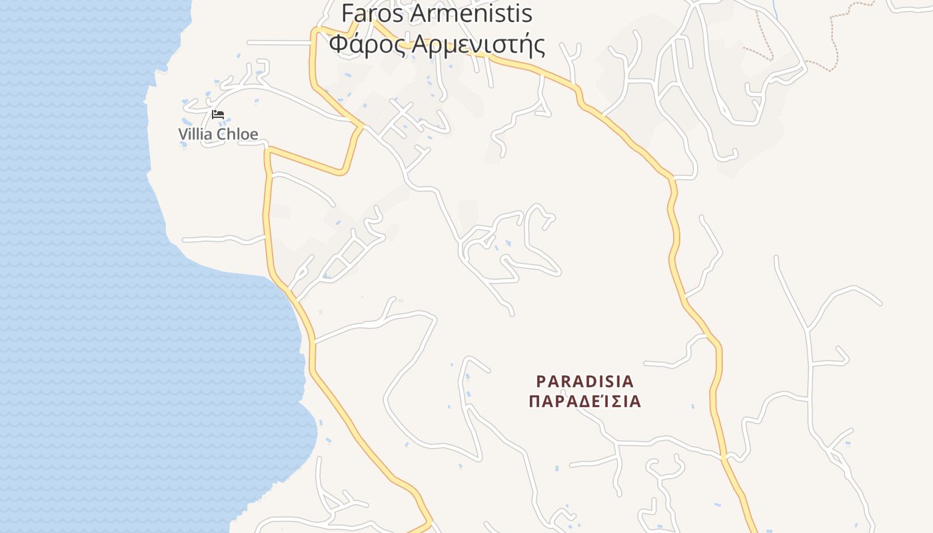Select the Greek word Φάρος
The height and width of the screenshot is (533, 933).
367,45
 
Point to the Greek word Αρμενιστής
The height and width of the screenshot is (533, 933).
478,45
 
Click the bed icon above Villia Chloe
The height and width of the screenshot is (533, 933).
218,115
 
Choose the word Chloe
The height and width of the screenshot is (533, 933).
237,134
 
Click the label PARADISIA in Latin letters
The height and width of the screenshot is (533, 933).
585,382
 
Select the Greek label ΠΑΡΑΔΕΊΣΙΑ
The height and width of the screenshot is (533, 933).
584,402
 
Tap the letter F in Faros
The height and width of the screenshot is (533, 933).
347,13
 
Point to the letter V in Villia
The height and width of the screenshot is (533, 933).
183,134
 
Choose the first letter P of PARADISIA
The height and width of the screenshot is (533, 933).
541,382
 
